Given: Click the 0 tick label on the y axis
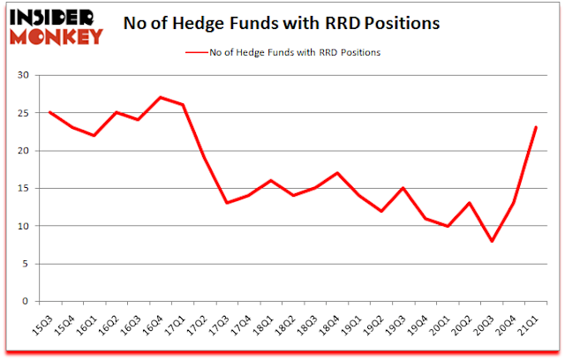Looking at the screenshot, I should tap(27, 301).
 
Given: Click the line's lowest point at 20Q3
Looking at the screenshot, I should tap(492, 240).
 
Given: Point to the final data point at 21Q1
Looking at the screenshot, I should tap(536, 127).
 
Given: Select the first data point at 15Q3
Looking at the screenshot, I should tap(51, 112).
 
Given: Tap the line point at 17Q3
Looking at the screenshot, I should tap(228, 203).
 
